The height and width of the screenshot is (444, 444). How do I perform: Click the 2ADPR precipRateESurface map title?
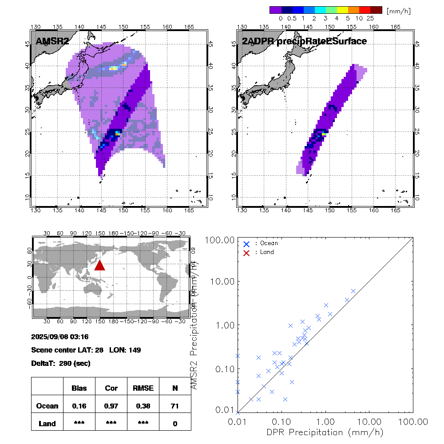(x=304, y=41)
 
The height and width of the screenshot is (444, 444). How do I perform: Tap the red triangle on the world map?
(x=99, y=265)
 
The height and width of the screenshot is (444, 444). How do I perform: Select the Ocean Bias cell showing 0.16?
(x=79, y=406)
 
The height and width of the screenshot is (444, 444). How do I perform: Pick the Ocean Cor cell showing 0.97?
(x=111, y=406)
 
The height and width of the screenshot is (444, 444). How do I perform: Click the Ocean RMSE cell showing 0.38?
(x=143, y=406)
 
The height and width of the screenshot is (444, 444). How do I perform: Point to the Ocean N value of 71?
(x=175, y=406)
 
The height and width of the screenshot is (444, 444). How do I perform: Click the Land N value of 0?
(x=175, y=424)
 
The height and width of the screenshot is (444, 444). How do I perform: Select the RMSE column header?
(x=143, y=388)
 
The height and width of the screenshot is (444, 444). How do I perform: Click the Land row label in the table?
(x=47, y=424)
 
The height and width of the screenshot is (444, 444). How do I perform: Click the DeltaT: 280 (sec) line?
(x=61, y=363)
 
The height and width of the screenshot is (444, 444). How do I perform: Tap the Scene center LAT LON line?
(x=86, y=350)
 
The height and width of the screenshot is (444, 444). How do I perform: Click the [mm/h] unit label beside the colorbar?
(x=399, y=10)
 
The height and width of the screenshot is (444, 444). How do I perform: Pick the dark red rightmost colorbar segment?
(x=376, y=10)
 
